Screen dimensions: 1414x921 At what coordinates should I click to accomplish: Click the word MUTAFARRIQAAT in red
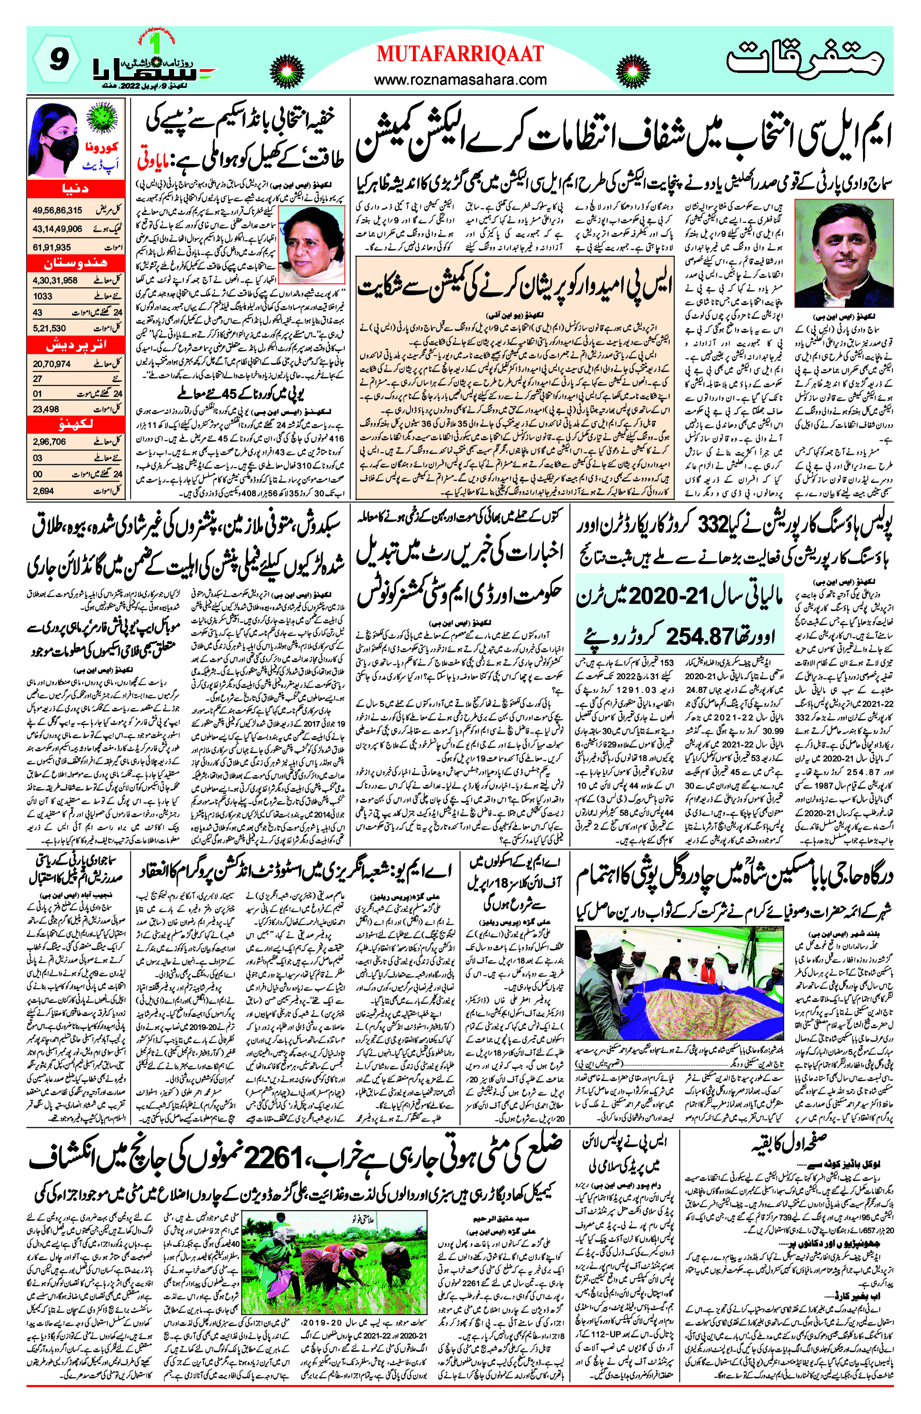coord(460,54)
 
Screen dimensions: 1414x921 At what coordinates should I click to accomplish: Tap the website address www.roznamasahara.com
coord(460,80)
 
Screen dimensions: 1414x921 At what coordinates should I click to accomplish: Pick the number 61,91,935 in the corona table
coord(52,247)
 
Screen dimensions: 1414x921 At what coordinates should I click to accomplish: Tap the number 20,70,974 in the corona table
coord(52,364)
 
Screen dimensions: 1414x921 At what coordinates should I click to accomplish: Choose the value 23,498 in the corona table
coord(46,409)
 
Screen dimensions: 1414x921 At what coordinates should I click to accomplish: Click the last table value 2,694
coord(44,491)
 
